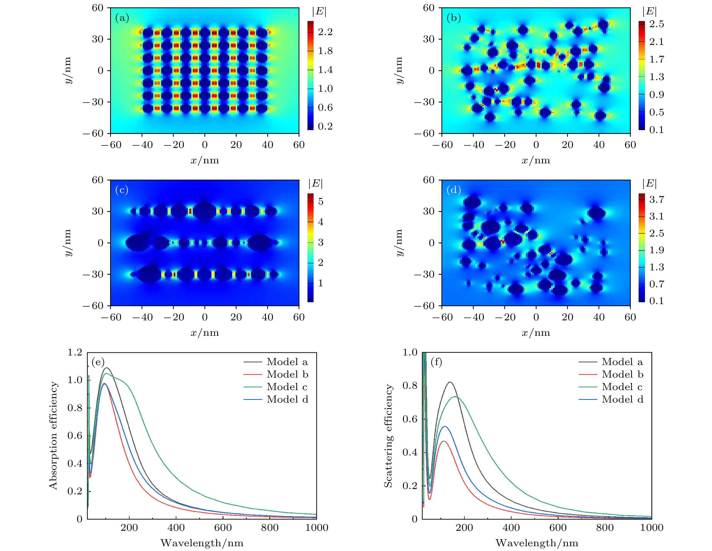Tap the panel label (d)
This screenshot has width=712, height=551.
coord(453,190)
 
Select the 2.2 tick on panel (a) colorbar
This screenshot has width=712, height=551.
coord(325,32)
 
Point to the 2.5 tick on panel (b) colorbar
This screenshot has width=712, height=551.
coord(656,24)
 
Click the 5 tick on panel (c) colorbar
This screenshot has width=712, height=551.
coord(321,201)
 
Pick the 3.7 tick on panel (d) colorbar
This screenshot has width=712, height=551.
coord(656,200)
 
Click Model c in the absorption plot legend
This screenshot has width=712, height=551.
coord(287,387)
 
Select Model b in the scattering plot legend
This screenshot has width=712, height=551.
coord(622,374)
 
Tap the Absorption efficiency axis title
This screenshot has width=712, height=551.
coord(53,435)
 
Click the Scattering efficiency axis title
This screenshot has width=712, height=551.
coord(388,436)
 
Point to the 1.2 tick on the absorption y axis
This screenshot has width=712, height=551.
coord(75,353)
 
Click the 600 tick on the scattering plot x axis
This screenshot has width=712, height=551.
coord(558,528)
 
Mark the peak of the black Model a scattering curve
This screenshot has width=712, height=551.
coord(450,382)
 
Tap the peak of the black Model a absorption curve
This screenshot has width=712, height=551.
coord(107,368)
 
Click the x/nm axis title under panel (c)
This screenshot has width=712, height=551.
coord(205,333)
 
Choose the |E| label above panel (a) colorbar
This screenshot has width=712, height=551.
coord(319,11)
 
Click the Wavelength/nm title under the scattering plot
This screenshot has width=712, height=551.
coord(537,543)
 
